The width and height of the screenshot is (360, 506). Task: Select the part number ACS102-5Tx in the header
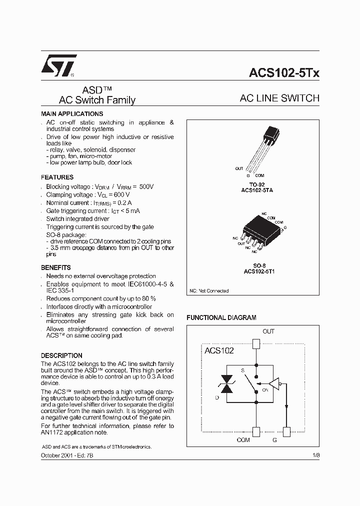click(x=283, y=73)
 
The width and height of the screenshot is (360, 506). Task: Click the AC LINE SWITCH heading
click(x=279, y=98)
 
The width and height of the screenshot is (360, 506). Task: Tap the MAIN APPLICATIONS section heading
click(x=72, y=114)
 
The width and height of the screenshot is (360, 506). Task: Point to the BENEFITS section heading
click(x=55, y=267)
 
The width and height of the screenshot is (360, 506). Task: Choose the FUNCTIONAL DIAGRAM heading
click(x=221, y=317)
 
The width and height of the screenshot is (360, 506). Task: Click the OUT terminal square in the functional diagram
click(x=256, y=343)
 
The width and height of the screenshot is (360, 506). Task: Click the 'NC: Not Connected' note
click(x=209, y=290)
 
